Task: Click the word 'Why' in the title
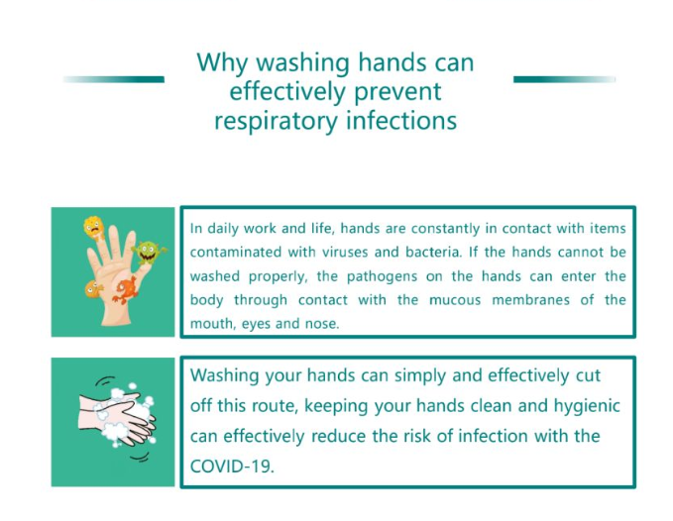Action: pos(222,63)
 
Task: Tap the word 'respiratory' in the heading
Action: pos(276,122)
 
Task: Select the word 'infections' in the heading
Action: pos(401,121)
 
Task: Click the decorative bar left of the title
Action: pos(114,79)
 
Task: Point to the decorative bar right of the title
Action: pos(564,79)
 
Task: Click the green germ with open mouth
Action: pos(149,253)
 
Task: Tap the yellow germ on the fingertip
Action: pos(94,228)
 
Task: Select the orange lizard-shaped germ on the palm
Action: pos(126,289)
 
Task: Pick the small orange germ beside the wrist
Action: pos(93,288)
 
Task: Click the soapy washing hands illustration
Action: pos(117,419)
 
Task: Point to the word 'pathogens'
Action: pos(382,276)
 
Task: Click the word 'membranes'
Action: pos(531,299)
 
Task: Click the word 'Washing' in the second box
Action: pos(224,376)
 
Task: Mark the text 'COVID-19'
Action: pos(232,466)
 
